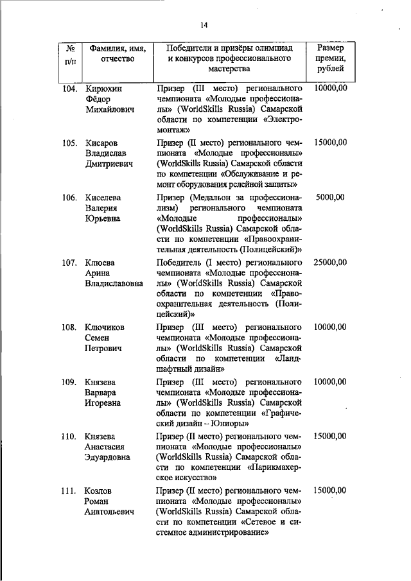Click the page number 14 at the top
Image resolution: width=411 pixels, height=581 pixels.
204,25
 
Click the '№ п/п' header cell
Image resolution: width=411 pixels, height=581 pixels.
71,54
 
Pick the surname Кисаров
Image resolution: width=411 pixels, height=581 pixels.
103,143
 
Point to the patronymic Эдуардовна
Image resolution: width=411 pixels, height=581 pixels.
108,457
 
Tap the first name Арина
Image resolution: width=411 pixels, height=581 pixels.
98,273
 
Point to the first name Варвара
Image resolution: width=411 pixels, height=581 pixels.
102,393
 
